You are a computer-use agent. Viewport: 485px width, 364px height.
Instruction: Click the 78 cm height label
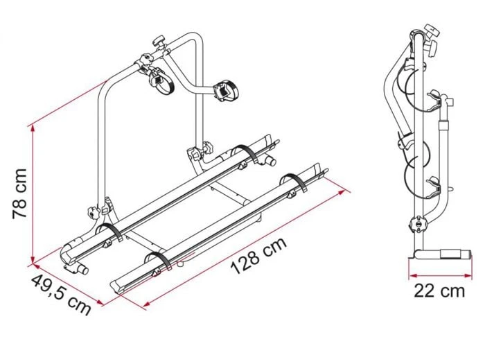coord(19,194)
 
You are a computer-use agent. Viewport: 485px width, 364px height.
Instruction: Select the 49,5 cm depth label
coord(61,295)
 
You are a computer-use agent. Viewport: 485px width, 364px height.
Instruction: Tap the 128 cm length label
coord(259,256)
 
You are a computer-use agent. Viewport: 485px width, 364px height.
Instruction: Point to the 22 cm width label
coord(439,291)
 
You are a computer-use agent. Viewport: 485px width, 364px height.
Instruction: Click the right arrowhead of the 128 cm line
coord(341,193)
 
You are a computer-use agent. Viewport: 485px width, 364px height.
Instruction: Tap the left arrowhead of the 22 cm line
coord(413,275)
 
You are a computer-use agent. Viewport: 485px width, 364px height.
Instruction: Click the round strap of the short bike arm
coord(161,81)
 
